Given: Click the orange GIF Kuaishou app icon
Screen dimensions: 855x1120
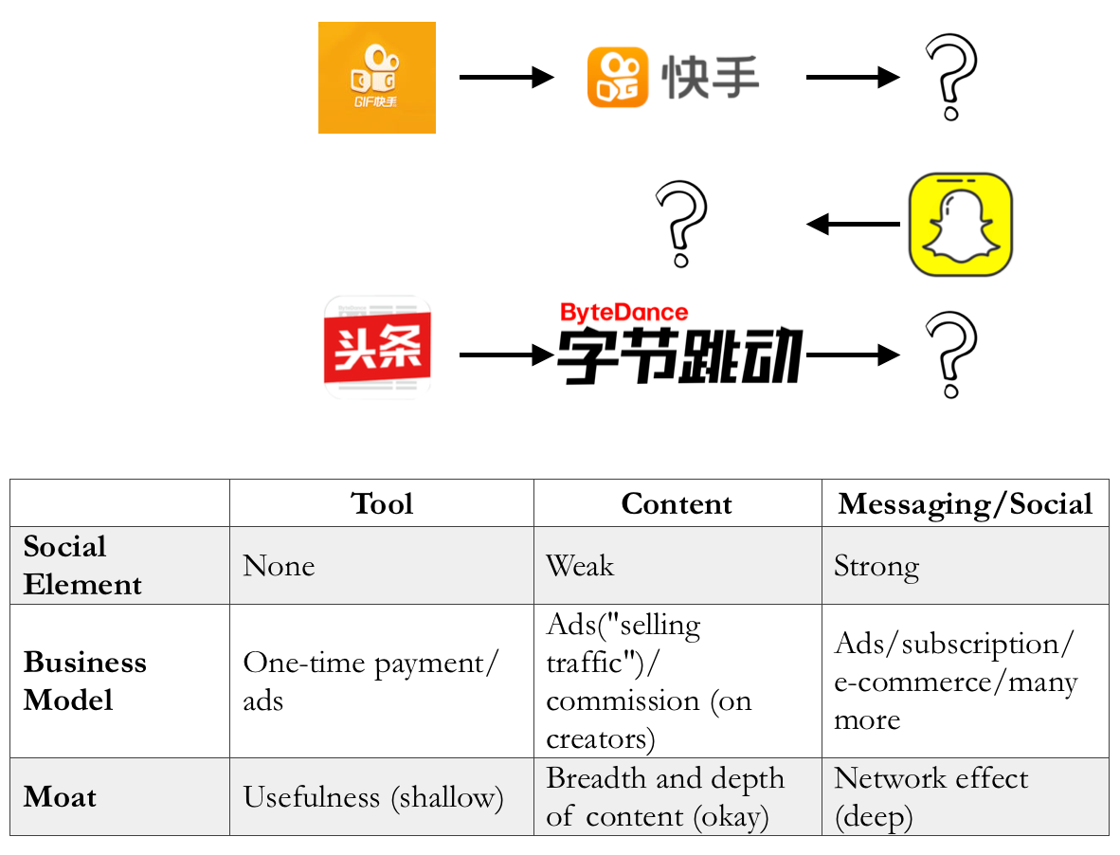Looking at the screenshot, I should (376, 78).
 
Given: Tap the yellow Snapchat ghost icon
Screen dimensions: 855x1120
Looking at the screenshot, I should (960, 225).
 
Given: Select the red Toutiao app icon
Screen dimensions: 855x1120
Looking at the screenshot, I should (377, 347).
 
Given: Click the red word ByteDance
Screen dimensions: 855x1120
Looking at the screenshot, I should (623, 312).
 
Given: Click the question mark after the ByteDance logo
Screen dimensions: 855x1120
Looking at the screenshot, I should (950, 355).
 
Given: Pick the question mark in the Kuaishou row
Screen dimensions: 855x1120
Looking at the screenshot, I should (950, 77).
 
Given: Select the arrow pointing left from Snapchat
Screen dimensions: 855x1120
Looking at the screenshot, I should (853, 225).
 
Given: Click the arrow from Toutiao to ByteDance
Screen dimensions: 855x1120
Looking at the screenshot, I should (506, 355).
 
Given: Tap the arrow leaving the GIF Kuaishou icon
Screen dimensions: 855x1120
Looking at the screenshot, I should (506, 77).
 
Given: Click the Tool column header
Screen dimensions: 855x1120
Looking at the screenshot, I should (382, 503).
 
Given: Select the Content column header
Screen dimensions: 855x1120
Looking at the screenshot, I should (677, 503).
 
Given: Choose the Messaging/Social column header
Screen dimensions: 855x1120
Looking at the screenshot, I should (965, 503).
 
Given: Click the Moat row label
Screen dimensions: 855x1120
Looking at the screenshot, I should (61, 796).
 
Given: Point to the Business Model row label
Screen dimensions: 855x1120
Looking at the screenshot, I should (85, 681).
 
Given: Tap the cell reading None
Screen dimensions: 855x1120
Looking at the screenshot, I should (279, 566).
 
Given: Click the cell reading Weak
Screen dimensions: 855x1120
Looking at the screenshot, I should (580, 566).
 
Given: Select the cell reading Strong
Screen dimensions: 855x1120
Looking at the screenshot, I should (876, 566).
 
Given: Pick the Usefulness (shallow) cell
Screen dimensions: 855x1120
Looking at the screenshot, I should (373, 796).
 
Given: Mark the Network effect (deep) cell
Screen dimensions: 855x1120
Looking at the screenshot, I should (930, 796).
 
